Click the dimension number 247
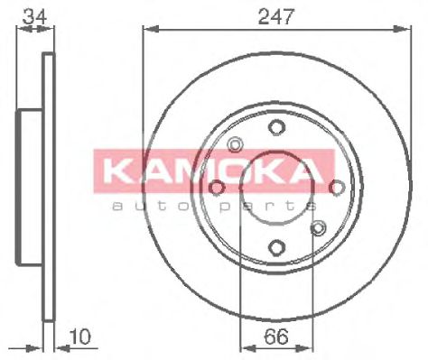click(x=276, y=16)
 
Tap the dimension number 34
click(x=35, y=16)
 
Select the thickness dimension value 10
click(x=80, y=337)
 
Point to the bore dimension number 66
click(x=276, y=337)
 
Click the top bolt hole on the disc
click(x=276, y=127)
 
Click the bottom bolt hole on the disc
click(x=276, y=248)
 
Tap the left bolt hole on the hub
click(x=217, y=188)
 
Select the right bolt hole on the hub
click(x=337, y=188)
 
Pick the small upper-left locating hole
click(x=235, y=144)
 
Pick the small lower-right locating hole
click(x=318, y=228)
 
